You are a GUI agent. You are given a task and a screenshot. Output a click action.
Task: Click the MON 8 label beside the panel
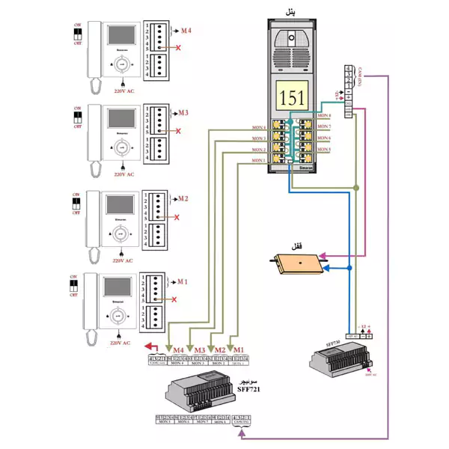[323, 116]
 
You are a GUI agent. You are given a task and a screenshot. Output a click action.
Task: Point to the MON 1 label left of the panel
[258, 160]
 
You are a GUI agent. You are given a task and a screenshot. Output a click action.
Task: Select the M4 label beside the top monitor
[186, 31]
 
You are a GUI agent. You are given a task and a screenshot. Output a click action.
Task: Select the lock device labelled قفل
[298, 263]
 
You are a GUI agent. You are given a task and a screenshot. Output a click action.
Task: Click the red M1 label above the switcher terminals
[237, 350]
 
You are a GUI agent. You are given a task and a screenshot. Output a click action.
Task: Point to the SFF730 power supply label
[334, 340]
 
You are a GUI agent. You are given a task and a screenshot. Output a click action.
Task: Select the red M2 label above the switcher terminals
[219, 350]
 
